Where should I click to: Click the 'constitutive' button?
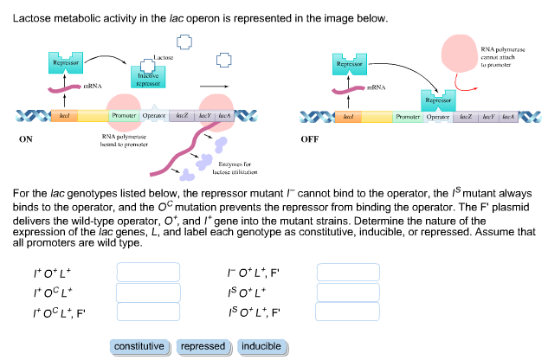pos(139,346)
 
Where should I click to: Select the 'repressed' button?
pos(202,346)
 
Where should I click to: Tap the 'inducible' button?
pos(261,346)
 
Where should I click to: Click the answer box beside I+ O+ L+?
pos(148,273)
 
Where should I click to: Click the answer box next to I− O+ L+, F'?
pos(348,273)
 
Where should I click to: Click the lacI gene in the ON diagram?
pos(65,115)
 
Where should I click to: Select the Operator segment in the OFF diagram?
pos(438,115)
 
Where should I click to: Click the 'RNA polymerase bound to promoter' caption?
pos(125,141)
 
